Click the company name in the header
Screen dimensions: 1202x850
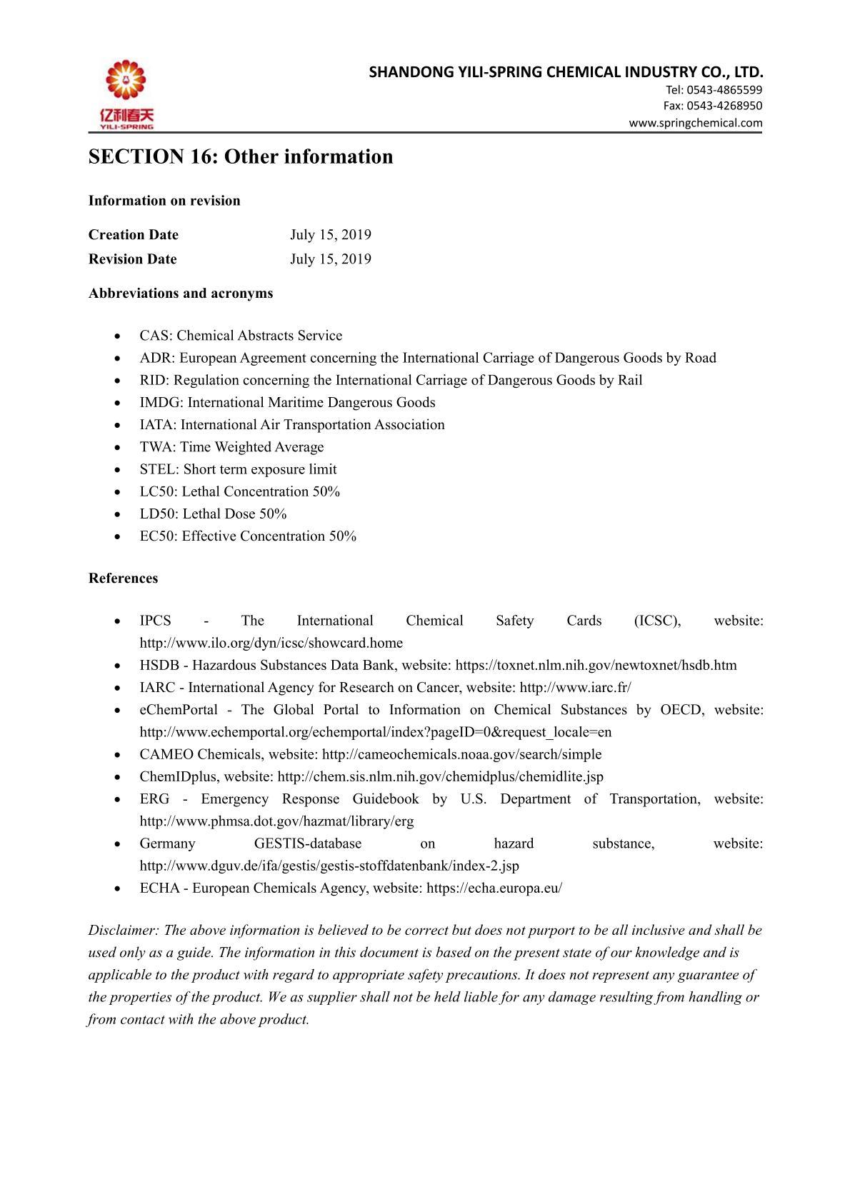point(566,72)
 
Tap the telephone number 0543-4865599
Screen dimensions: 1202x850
point(724,90)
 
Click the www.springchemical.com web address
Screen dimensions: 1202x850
point(695,123)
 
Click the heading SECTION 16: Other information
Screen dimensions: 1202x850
point(240,156)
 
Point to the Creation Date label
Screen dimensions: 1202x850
point(134,235)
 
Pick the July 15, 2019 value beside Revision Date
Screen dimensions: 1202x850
point(330,259)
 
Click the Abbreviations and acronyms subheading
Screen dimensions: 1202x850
point(180,294)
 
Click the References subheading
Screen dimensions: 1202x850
point(123,579)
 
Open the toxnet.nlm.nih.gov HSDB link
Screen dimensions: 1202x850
point(596,666)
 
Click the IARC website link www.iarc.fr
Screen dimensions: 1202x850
point(575,688)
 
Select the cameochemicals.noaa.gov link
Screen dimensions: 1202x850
point(461,755)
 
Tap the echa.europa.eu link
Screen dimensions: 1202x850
point(494,888)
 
